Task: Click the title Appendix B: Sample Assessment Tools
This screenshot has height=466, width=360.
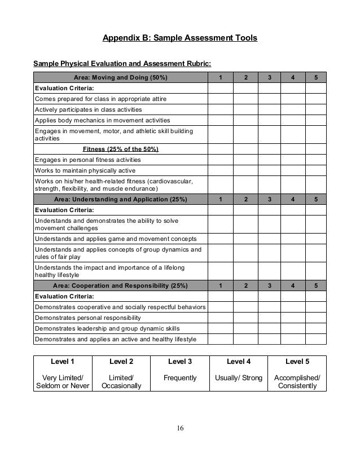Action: pyautogui.click(x=179, y=38)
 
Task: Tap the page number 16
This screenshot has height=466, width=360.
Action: pyautogui.click(x=179, y=426)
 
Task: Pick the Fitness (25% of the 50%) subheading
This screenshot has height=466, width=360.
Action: pyautogui.click(x=121, y=149)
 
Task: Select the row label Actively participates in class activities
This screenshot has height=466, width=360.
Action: pyautogui.click(x=89, y=109)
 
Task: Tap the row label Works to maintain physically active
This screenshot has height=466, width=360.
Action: pyautogui.click(x=85, y=170)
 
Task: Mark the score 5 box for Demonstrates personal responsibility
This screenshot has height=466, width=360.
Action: pyautogui.click(x=317, y=317)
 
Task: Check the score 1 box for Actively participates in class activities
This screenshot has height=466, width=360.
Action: pyautogui.click(x=221, y=109)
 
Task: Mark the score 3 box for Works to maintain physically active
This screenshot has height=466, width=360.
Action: pyautogui.click(x=269, y=170)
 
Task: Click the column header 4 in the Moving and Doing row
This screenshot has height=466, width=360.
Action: pyautogui.click(x=293, y=78)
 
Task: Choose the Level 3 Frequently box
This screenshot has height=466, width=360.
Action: pyautogui.click(x=180, y=373)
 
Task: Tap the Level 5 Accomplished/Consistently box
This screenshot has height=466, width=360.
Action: pyautogui.click(x=296, y=373)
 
